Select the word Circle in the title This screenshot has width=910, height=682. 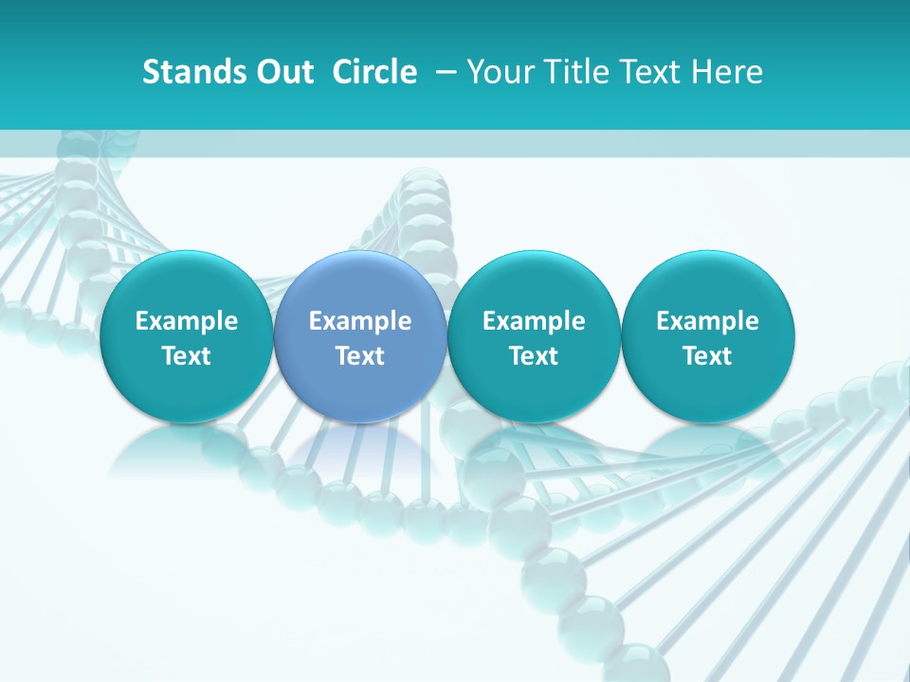374,72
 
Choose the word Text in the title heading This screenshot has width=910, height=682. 649,72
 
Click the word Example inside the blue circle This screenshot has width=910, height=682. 360,321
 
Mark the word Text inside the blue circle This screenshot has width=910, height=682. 360,356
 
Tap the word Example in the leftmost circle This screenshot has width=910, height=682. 186,321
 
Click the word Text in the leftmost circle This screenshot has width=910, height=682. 186,356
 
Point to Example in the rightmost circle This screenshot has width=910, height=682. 708,321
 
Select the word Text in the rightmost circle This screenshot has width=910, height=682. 708,356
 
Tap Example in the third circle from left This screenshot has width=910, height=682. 534,321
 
